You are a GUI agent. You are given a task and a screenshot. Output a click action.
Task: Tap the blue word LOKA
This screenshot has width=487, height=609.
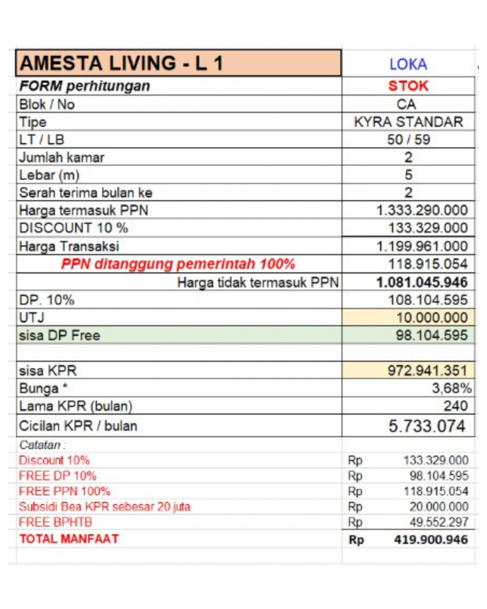click(x=408, y=64)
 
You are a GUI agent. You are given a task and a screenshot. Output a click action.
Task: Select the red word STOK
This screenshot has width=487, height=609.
click(x=408, y=86)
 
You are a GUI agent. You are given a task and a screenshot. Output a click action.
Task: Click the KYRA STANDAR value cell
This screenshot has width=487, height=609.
click(x=408, y=122)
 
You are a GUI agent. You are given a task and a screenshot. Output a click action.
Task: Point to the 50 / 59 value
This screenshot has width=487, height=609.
click(x=408, y=140)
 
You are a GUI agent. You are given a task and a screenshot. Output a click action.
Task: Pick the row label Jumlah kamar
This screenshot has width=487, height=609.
click(x=62, y=158)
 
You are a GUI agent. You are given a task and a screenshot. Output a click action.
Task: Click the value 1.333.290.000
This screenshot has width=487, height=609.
click(x=422, y=210)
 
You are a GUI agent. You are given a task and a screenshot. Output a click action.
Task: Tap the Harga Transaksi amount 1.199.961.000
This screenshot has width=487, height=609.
click(x=422, y=246)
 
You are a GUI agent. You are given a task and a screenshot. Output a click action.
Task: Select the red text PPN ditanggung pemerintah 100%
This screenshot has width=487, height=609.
click(x=178, y=264)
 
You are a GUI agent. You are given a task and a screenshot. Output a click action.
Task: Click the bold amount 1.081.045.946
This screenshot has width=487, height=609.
click(x=422, y=282)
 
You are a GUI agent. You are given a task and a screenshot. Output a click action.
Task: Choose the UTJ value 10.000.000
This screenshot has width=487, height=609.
click(x=428, y=318)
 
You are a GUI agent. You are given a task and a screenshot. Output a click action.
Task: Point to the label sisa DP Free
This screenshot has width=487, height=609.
click(x=59, y=335)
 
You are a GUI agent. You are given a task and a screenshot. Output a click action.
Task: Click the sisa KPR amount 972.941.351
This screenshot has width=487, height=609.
click(x=428, y=372)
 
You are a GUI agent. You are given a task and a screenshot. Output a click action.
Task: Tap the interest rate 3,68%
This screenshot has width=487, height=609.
click(x=453, y=389)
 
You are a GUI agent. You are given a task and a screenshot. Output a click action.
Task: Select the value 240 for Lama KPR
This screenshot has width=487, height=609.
click(x=455, y=407)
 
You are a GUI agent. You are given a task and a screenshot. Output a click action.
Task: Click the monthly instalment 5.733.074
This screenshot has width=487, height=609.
click(x=426, y=426)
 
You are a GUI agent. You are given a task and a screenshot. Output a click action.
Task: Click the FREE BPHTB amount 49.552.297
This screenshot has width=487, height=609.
click(x=439, y=523)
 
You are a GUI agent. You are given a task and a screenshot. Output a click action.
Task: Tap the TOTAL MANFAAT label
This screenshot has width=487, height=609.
click(x=69, y=539)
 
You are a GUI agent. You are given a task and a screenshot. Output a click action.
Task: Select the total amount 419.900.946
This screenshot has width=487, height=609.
click(x=431, y=539)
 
